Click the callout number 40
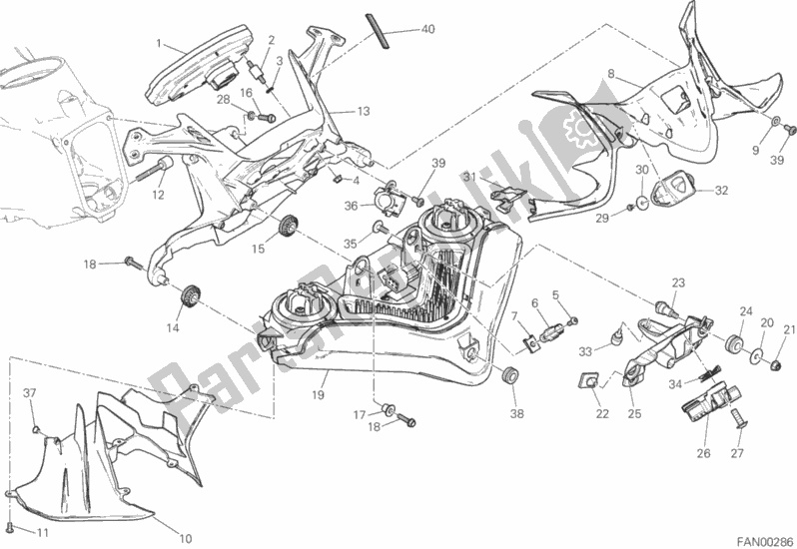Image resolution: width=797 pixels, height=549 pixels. [x=427, y=29]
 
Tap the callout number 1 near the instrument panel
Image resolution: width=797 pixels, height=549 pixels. [x=159, y=42]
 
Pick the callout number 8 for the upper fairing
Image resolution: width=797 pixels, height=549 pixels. [x=611, y=74]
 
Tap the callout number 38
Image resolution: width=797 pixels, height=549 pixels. [x=516, y=413]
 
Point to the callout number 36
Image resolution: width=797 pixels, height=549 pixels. [x=352, y=206]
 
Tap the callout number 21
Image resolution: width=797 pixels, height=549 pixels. [x=789, y=330]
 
